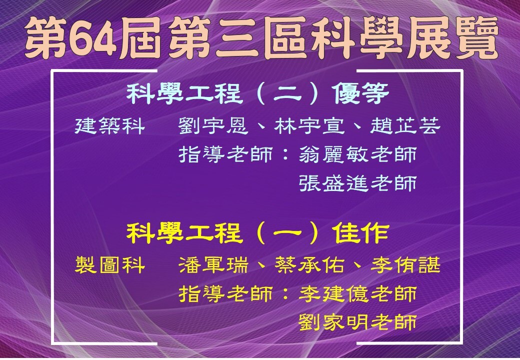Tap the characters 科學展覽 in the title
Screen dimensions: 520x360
coord(405,37)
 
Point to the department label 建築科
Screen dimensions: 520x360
coord(110,126)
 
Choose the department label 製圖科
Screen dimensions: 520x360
coord(110,265)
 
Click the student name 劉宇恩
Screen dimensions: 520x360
coord(213,126)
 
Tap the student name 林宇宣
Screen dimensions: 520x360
coord(309,126)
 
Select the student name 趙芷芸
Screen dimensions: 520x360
coord(405,126)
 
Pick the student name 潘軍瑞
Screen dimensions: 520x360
coord(213,265)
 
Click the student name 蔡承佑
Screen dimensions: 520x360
coord(309,265)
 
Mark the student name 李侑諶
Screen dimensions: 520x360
coord(405,265)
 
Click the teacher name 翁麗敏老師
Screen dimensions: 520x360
coord(358,154)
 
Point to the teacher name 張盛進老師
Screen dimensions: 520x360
coord(358,183)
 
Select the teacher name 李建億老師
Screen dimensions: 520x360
coord(358,293)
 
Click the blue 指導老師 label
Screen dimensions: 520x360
coord(226,154)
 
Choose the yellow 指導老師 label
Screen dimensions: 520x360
coord(226,293)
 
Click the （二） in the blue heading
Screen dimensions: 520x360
coord(287,94)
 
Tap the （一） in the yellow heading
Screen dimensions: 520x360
coord(287,233)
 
